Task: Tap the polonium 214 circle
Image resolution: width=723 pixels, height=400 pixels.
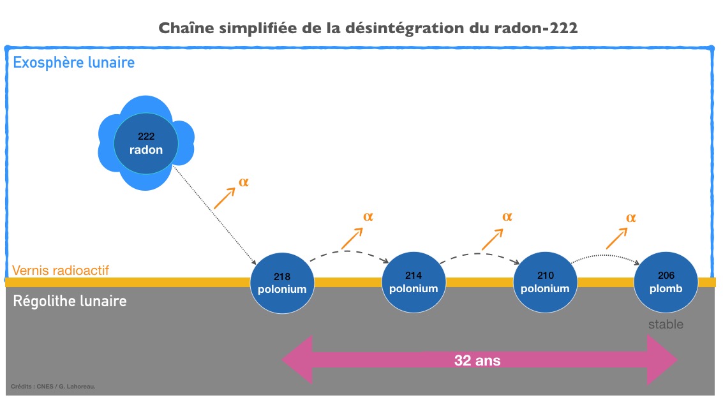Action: (x=414, y=282)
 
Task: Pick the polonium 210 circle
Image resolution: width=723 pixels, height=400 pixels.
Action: (x=545, y=282)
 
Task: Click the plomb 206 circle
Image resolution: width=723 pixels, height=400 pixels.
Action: (x=666, y=282)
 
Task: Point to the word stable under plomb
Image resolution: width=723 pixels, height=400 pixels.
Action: (x=666, y=325)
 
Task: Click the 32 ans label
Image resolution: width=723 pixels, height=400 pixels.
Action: (x=477, y=360)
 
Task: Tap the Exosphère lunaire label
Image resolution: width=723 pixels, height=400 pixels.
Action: (x=74, y=63)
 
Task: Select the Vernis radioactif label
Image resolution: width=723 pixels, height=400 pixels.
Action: (x=61, y=270)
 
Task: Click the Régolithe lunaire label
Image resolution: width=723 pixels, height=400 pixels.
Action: (x=70, y=300)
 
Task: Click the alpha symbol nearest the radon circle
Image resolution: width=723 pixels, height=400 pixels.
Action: (x=243, y=182)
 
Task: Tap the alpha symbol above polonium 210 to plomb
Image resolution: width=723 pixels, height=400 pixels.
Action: (x=630, y=218)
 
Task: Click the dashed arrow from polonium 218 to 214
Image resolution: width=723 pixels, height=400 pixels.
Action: (x=348, y=253)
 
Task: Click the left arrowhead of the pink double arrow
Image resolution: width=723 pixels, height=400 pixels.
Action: (x=297, y=360)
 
